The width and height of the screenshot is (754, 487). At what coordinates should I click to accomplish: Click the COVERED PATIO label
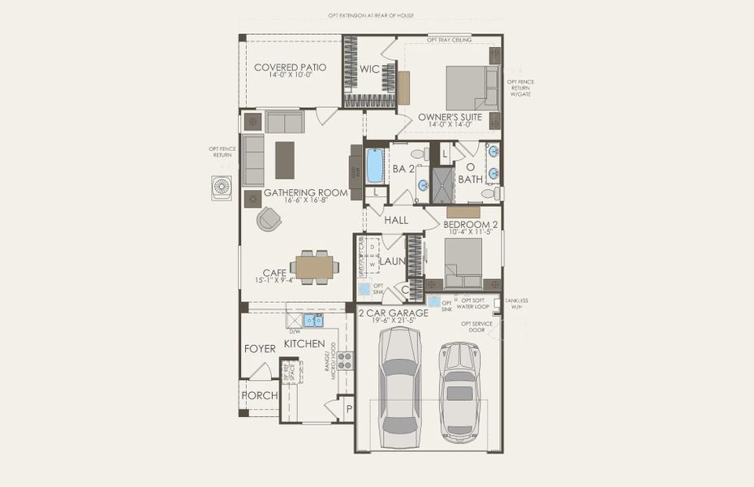coord(290,67)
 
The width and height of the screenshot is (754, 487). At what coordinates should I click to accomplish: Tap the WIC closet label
coord(370,70)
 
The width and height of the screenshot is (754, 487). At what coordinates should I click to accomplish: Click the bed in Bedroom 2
coord(463,259)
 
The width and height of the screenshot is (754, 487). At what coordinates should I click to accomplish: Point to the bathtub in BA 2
coord(375,166)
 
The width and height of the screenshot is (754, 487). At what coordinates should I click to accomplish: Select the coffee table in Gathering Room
coord(285,160)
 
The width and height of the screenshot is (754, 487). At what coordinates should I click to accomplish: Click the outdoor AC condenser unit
coord(222,188)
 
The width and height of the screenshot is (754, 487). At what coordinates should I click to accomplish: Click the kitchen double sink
coord(312,320)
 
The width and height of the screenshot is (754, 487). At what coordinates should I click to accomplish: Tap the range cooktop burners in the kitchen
coord(345,360)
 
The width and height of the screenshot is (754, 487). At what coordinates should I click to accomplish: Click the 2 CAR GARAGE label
coord(393,312)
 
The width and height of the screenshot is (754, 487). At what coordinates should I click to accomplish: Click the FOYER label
coord(260,348)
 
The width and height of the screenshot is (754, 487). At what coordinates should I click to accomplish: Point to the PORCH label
coord(259,395)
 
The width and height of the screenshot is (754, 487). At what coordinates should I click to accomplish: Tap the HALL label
coord(396,220)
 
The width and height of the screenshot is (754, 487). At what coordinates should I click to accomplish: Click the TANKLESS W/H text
coord(516,304)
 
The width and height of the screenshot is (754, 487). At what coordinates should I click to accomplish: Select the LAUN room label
coord(391,261)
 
